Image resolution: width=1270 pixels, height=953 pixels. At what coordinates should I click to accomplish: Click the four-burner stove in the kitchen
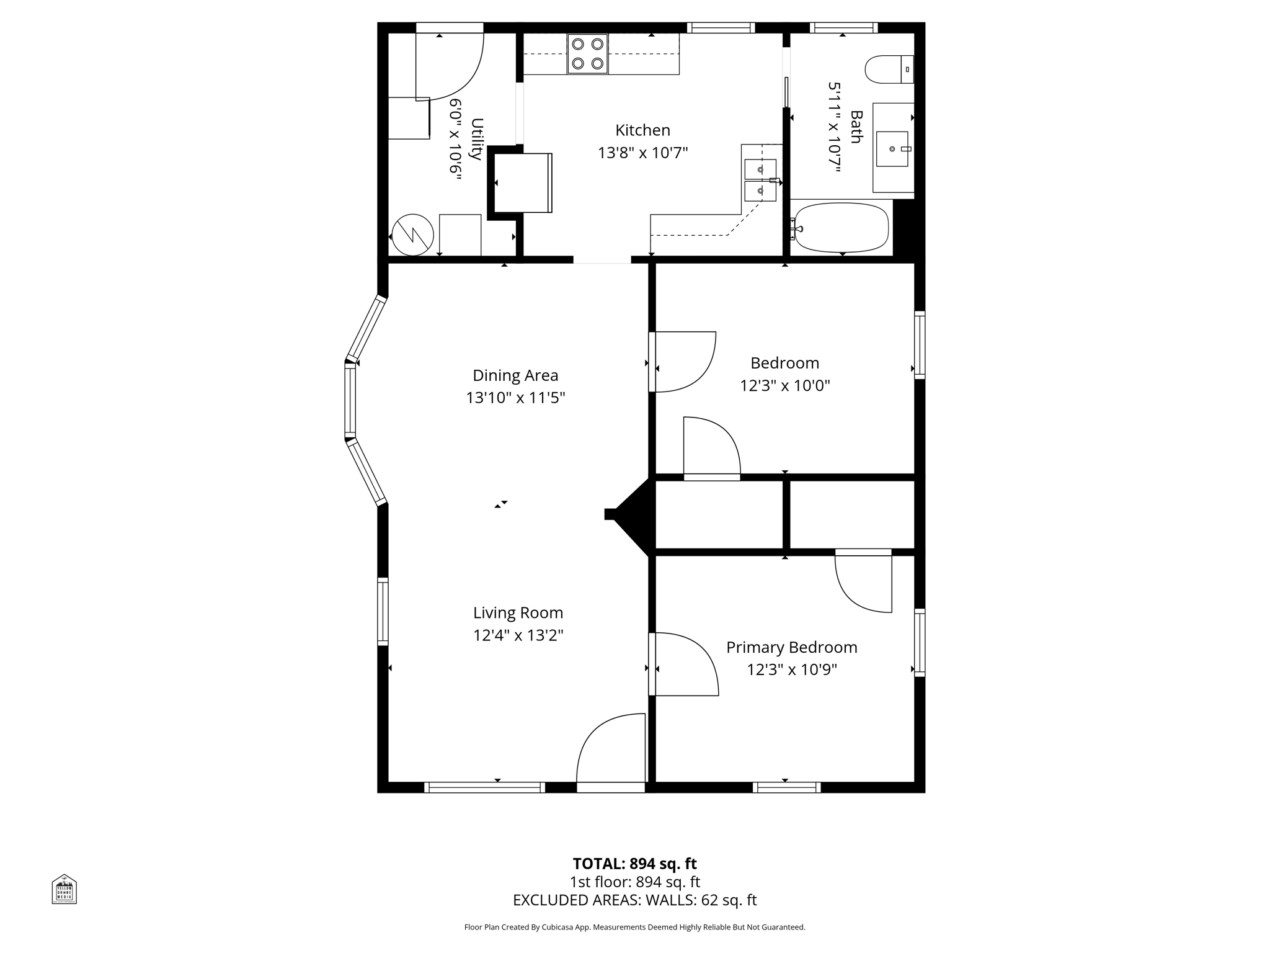pyautogui.click(x=587, y=54)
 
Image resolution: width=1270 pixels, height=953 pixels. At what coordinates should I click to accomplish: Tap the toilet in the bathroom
pyautogui.click(x=888, y=69)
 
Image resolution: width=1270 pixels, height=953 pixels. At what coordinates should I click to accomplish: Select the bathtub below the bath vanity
pyautogui.click(x=841, y=228)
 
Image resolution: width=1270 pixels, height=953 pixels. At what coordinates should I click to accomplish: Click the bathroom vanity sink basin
pyautogui.click(x=892, y=149)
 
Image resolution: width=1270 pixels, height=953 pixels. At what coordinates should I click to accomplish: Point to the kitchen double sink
pyautogui.click(x=760, y=181)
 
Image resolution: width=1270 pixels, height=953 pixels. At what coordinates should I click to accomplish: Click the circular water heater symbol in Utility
pyautogui.click(x=413, y=235)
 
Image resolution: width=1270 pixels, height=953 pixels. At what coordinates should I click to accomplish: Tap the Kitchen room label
pyautogui.click(x=642, y=130)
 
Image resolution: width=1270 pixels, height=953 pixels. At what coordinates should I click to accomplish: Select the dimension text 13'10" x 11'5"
pyautogui.click(x=515, y=398)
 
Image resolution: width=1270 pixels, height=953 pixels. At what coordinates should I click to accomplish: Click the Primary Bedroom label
pyautogui.click(x=791, y=647)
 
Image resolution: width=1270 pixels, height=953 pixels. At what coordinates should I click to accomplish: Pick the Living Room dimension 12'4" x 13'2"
pyautogui.click(x=518, y=635)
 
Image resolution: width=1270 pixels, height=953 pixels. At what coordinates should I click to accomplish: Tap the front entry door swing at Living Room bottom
pyautogui.click(x=611, y=751)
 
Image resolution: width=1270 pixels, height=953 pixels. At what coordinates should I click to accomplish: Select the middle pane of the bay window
pyautogui.click(x=350, y=400)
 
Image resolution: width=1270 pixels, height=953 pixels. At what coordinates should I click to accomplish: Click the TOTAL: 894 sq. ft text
pyautogui.click(x=634, y=864)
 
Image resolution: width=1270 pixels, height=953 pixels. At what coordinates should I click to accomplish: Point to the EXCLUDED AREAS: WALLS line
pyautogui.click(x=634, y=900)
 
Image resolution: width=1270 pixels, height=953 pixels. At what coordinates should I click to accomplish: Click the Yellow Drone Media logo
pyautogui.click(x=64, y=889)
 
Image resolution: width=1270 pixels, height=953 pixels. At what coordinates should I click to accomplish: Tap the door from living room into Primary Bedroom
pyautogui.click(x=682, y=664)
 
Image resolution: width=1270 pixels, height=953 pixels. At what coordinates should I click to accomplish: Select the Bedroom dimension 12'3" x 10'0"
pyautogui.click(x=784, y=386)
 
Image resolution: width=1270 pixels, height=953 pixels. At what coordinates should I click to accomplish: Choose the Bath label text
pyautogui.click(x=856, y=127)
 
